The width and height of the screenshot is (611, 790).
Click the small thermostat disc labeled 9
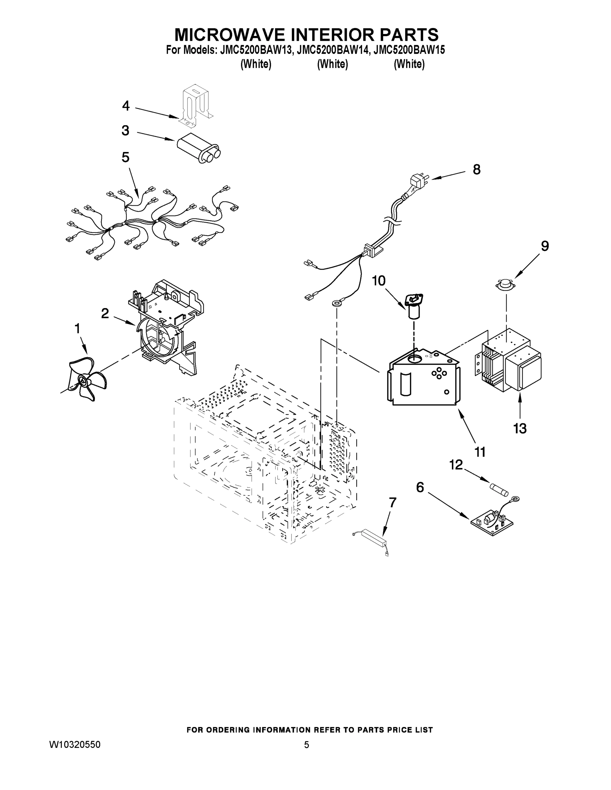[506, 285]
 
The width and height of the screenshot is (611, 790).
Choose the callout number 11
[480, 452]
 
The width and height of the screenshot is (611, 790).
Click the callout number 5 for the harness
[125, 157]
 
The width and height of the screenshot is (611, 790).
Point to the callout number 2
[105, 313]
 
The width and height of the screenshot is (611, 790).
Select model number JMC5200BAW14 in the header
[333, 50]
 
